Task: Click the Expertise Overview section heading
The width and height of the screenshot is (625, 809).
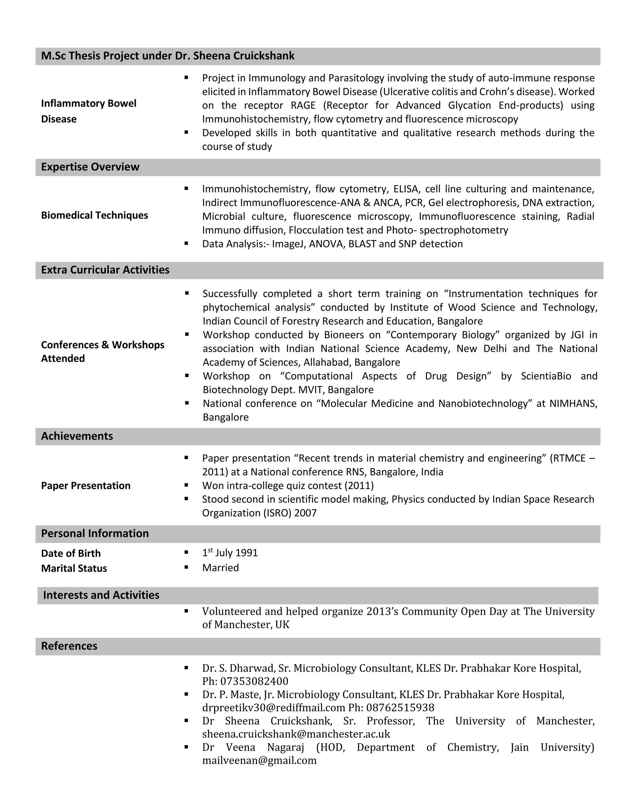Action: point(90,167)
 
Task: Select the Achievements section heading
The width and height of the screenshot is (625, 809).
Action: point(77,436)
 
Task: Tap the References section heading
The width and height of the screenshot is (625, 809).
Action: point(69,646)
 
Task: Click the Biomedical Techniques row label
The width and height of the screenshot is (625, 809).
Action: point(94,215)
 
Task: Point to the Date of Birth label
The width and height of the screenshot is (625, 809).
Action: point(71,553)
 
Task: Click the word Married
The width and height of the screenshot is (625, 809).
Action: point(220,568)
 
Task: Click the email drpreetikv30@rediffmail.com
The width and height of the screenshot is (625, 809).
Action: point(274,708)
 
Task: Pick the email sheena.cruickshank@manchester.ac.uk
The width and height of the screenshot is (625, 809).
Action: point(296,734)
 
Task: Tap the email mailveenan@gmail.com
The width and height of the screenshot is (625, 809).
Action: point(259,760)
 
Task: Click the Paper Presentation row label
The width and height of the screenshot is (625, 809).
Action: point(85,486)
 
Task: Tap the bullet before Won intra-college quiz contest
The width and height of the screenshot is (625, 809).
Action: point(186,485)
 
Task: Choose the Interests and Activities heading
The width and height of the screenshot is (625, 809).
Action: point(101,595)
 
